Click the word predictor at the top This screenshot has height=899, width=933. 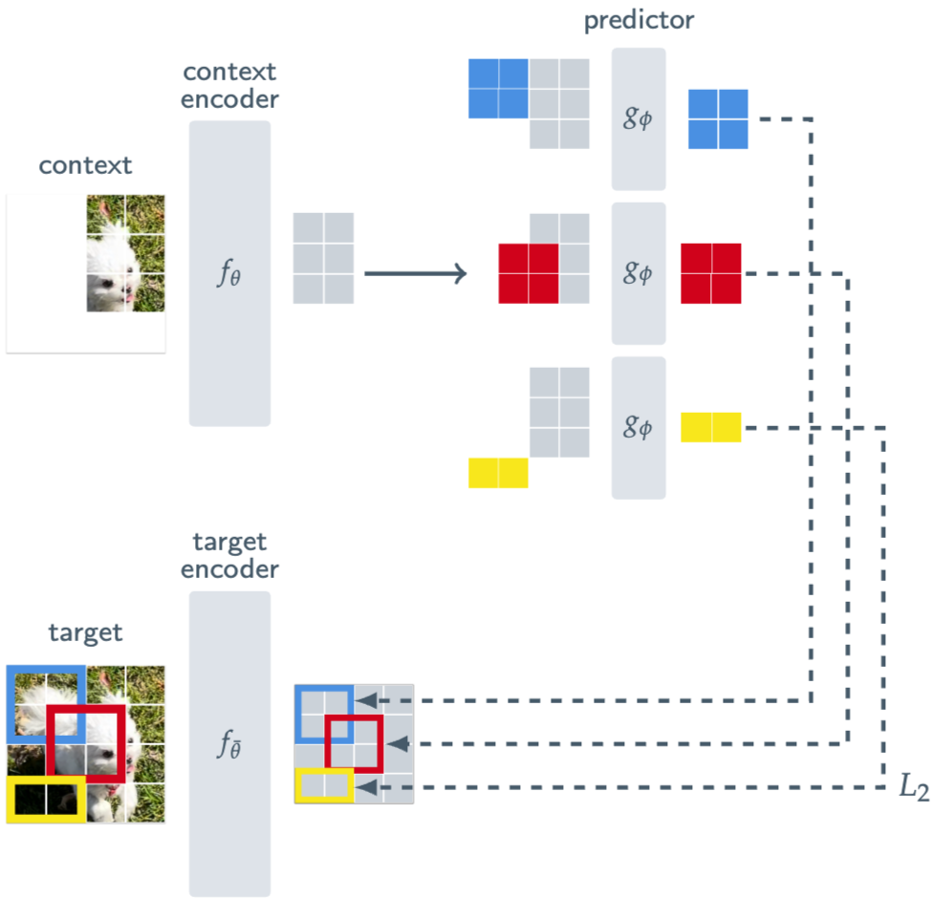click(639, 21)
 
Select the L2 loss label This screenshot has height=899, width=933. click(913, 787)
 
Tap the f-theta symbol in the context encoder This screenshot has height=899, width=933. click(229, 273)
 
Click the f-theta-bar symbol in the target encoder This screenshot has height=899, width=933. click(229, 743)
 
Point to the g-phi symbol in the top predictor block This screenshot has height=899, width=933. click(638, 118)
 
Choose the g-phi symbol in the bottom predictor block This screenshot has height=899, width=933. click(638, 427)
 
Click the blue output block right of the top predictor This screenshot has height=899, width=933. click(718, 118)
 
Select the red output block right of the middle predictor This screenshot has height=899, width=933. click(711, 273)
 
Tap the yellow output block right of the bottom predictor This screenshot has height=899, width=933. click(711, 427)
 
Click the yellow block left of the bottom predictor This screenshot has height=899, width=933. click(498, 473)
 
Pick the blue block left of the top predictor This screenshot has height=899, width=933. click(498, 89)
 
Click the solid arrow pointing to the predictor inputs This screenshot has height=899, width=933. click(415, 273)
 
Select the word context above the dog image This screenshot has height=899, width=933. click(85, 166)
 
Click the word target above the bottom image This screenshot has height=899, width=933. click(85, 632)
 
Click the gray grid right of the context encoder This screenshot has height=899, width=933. click(324, 258)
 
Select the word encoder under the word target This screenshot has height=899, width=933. click(229, 569)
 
